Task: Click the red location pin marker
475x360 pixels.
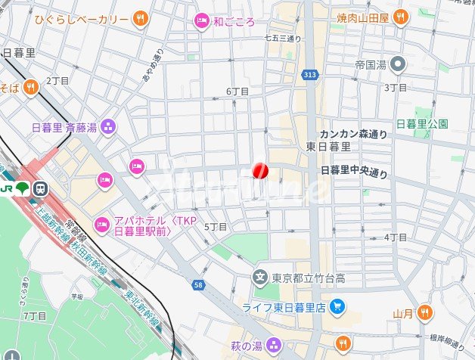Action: click(259, 171)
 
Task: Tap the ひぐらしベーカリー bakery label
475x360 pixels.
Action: click(82, 17)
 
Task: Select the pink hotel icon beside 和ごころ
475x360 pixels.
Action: click(201, 21)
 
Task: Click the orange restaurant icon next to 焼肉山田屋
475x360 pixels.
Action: click(400, 16)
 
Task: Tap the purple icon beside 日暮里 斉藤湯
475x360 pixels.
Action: click(108, 126)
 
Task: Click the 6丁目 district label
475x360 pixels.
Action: click(237, 92)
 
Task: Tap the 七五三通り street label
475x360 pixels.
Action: click(283, 38)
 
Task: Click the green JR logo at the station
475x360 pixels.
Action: click(22, 188)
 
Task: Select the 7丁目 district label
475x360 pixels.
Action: click(36, 315)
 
